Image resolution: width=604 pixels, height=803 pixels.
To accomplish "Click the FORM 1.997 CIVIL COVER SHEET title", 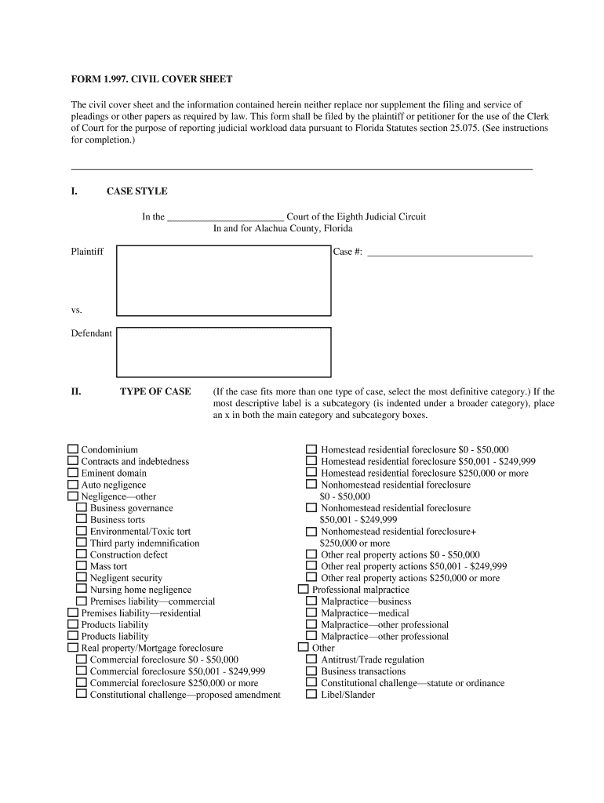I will [x=151, y=80].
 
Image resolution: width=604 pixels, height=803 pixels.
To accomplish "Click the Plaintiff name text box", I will [x=224, y=280].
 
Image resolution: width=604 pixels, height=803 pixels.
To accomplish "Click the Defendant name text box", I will [x=224, y=352].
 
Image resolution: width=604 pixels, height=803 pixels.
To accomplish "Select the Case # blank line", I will [x=449, y=253].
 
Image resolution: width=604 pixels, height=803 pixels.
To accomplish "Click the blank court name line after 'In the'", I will [x=226, y=217].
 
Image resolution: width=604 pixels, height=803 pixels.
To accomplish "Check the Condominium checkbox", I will [x=73, y=449].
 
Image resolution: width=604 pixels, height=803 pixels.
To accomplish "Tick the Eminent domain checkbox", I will [x=73, y=473].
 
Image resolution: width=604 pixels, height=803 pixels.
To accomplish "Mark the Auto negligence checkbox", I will [x=73, y=485].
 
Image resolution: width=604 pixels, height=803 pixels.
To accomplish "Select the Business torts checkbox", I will [x=82, y=519].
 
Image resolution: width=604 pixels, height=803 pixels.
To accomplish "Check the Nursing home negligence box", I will [x=82, y=589].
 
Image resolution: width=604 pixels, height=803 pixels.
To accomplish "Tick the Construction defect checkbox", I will [x=82, y=554].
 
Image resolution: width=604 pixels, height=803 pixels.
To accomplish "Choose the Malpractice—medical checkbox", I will [x=311, y=612].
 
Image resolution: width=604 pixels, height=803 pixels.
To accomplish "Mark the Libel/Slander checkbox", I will [x=311, y=694].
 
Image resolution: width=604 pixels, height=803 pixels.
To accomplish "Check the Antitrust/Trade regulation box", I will [x=311, y=659].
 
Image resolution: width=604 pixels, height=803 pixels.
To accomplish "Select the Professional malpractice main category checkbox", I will [x=304, y=589].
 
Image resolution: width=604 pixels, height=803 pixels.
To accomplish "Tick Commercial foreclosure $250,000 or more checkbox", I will [x=82, y=682].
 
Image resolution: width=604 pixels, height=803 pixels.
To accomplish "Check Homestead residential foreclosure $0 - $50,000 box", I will [x=311, y=449].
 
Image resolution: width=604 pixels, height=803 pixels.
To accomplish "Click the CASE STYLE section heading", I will [x=136, y=191].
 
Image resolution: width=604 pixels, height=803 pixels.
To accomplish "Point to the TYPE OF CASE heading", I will [x=155, y=391].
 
